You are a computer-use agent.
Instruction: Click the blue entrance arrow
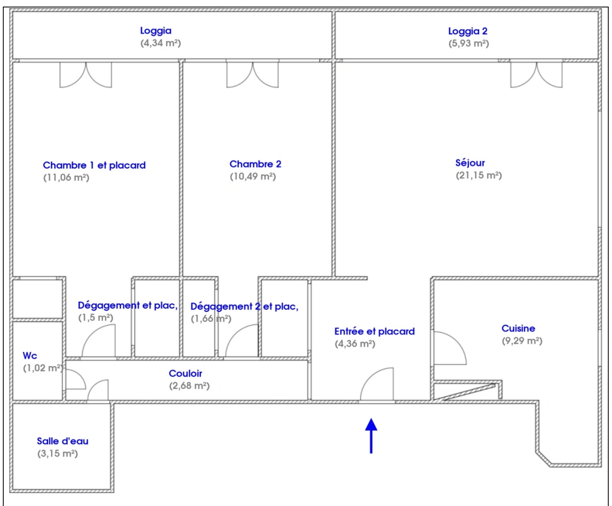tap(371, 435)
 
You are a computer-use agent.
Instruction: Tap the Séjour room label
tap(470, 163)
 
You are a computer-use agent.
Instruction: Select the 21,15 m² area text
tap(479, 175)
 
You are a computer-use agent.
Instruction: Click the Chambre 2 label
tap(255, 164)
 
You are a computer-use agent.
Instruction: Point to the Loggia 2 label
tap(468, 31)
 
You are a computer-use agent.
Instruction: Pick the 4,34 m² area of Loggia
tap(161, 43)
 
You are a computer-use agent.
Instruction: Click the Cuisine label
tap(518, 328)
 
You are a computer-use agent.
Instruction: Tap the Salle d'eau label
tap(62, 441)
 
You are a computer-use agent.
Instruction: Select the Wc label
tap(30, 356)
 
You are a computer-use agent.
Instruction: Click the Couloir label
tap(185, 373)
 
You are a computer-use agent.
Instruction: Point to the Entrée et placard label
tap(375, 331)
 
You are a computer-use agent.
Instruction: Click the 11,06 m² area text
tap(66, 178)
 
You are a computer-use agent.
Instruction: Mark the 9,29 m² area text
tap(522, 341)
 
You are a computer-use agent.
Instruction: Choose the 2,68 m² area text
tap(189, 386)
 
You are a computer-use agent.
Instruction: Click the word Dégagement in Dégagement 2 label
tap(221, 307)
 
